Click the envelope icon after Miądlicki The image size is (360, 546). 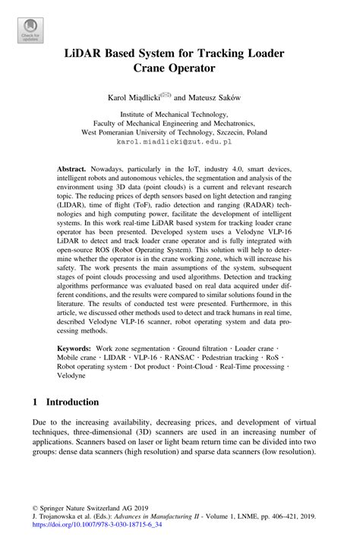click(x=167, y=94)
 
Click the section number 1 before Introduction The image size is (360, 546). click(x=35, y=401)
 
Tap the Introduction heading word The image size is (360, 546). click(x=72, y=401)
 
